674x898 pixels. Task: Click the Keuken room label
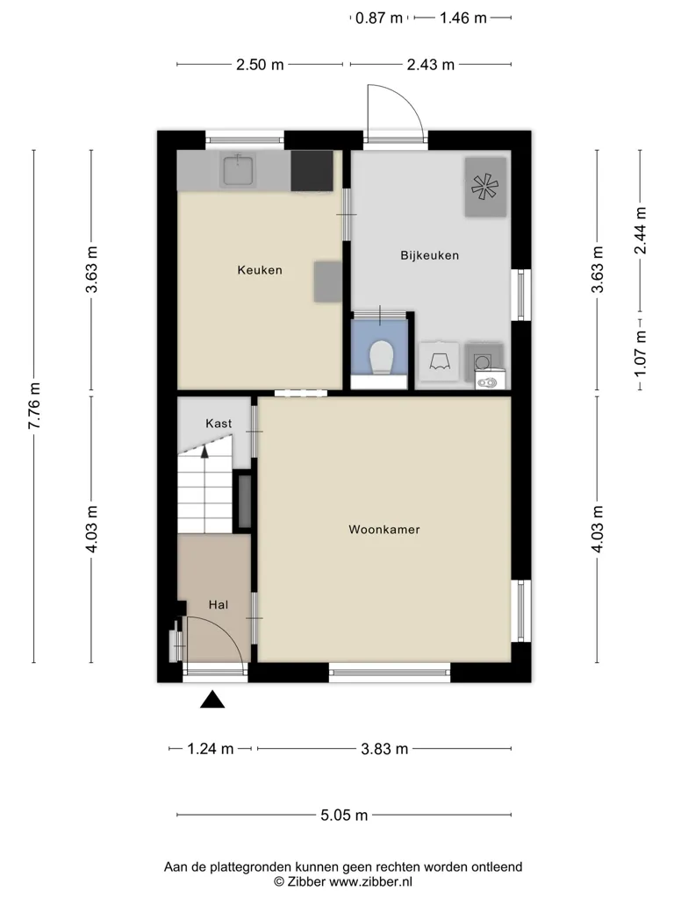point(260,270)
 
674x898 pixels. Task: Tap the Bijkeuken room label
point(430,255)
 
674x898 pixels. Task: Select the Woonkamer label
point(384,530)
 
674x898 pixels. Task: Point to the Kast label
point(219,424)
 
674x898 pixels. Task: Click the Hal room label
point(219,605)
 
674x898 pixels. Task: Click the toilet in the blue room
point(382,358)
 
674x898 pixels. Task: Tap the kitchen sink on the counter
point(239,170)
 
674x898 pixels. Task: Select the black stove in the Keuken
point(312,171)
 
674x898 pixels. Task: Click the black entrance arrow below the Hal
point(212,699)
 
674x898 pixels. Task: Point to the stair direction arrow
point(204,453)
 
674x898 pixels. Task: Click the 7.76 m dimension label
point(34,405)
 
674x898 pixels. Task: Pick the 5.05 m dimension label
point(344,815)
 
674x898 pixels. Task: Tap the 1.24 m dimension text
point(211,749)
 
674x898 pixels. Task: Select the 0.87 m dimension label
point(379,18)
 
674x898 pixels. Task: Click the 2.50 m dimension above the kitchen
point(260,65)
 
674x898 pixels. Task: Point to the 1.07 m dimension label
point(640,353)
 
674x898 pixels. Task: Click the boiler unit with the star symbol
point(485,188)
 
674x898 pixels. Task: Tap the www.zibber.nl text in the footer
point(370,882)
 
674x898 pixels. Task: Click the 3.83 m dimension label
point(384,749)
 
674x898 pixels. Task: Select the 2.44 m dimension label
point(640,231)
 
